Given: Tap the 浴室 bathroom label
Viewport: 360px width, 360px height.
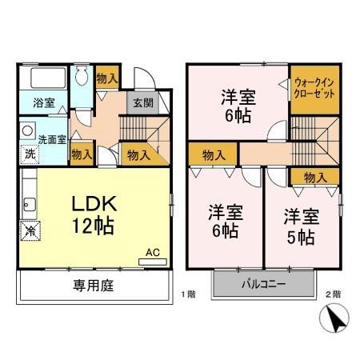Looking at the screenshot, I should point(44,102).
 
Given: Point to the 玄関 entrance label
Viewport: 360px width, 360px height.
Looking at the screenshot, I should point(142,102).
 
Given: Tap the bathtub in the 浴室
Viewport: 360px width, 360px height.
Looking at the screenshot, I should point(48,79).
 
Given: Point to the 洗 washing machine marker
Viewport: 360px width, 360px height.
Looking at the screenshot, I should point(28,154).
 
